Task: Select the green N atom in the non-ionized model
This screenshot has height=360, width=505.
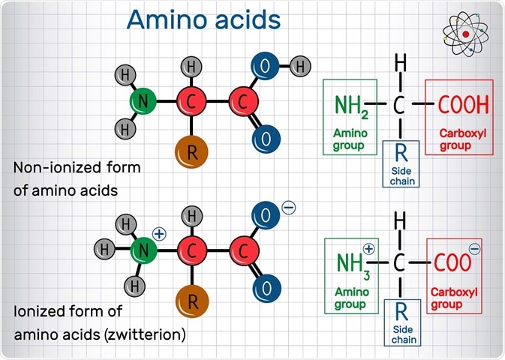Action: [x=143, y=100]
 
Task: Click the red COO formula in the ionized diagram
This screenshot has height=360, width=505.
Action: [x=452, y=262]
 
